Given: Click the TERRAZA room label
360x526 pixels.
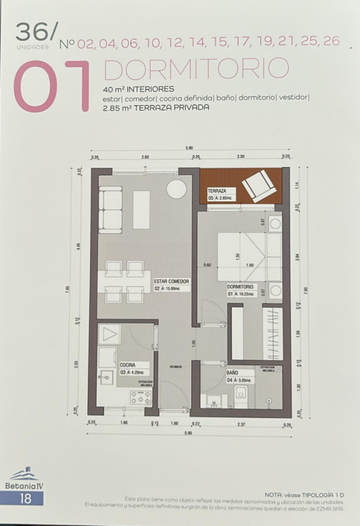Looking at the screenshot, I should click(217, 191).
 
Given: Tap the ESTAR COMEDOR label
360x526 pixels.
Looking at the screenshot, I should click(171, 281).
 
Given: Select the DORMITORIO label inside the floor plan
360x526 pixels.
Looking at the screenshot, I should click(240, 287).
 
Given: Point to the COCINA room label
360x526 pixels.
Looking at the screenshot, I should click(127, 364).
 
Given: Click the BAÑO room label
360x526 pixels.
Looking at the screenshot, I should click(232, 372).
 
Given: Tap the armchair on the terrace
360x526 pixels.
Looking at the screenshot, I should click(258, 185).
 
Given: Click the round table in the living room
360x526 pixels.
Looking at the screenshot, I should click(176, 189).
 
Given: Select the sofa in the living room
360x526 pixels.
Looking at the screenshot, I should click(110, 209).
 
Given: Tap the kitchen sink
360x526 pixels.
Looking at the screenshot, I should click(106, 377).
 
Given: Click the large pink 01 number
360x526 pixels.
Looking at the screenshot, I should click(52, 86).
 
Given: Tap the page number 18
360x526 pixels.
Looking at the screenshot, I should click(25, 499).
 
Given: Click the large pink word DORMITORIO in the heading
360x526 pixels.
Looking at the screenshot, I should click(196, 69).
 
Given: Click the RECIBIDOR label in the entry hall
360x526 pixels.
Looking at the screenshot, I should click(176, 366).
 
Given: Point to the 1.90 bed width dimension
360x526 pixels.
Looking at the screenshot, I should click(250, 265).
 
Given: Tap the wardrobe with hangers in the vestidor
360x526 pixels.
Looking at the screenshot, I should click(272, 333).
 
